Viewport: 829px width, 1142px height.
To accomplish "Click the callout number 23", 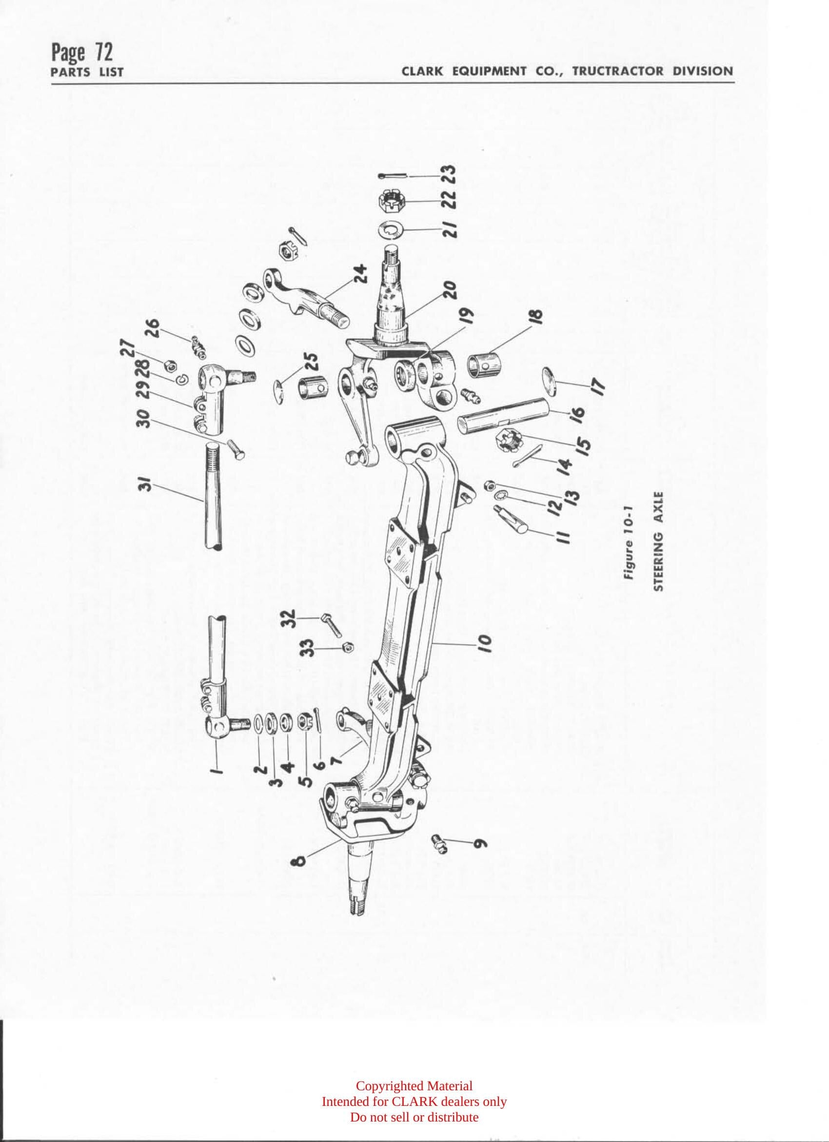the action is pyautogui.click(x=450, y=175).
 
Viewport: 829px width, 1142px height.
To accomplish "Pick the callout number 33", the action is pyautogui.click(x=310, y=648).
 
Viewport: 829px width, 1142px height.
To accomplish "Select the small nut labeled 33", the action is pyautogui.click(x=347, y=647).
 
